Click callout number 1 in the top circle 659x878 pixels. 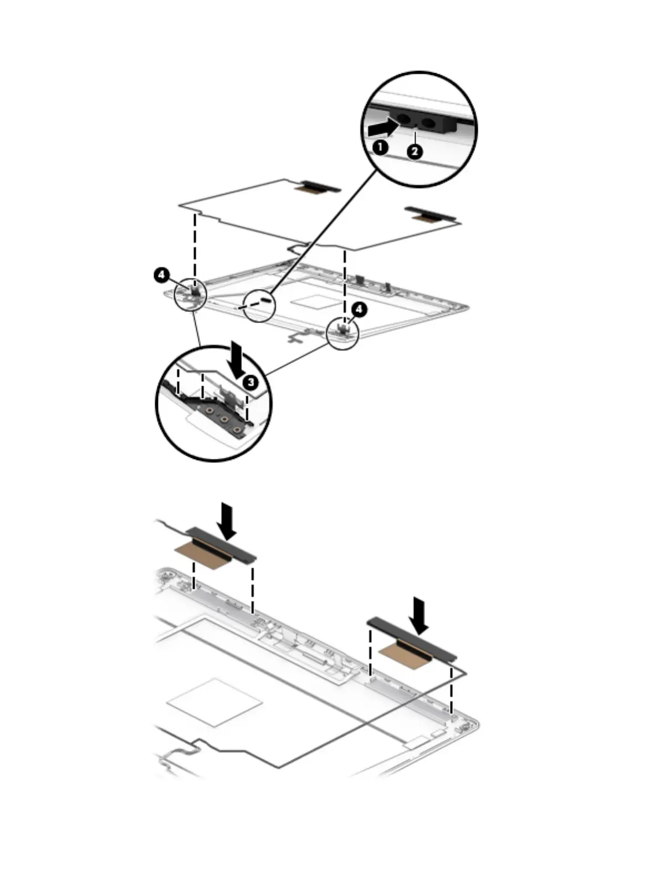(380, 147)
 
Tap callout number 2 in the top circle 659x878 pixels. (415, 151)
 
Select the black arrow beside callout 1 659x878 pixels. (383, 127)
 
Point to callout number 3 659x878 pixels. (251, 382)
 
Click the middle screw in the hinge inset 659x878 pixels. (224, 419)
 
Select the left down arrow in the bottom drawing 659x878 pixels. (227, 520)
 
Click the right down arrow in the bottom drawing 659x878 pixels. (418, 615)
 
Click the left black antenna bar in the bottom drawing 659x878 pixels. (221, 544)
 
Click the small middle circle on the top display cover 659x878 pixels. (259, 305)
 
